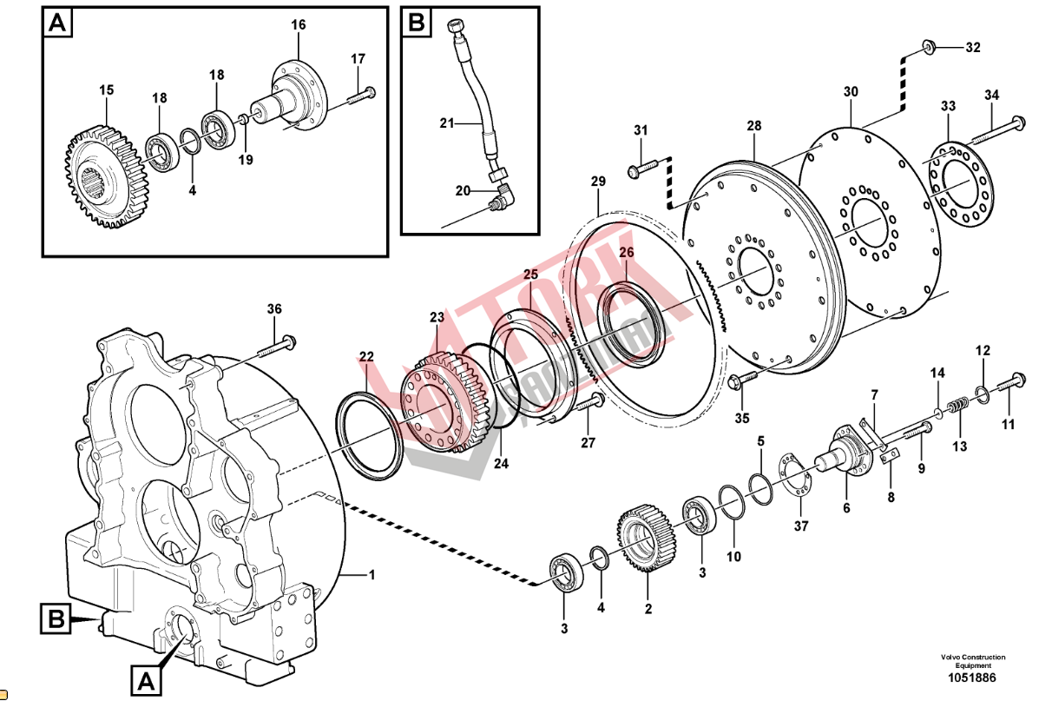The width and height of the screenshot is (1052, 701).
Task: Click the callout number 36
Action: (274, 309)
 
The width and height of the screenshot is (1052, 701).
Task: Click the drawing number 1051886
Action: (971, 678)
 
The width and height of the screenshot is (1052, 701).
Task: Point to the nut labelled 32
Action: (927, 46)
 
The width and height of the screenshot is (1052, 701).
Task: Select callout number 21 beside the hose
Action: (447, 123)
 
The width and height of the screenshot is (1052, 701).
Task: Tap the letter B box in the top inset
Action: (417, 23)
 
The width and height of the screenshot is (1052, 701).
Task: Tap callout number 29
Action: (598, 182)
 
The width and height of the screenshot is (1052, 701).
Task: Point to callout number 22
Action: (366, 357)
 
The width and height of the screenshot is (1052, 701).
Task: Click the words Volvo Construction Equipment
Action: (971, 661)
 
